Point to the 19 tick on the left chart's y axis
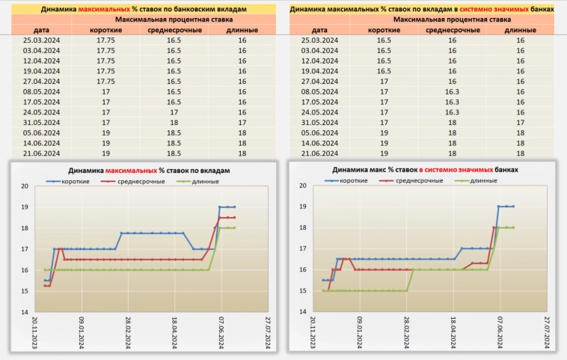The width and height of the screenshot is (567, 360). tap(24, 207)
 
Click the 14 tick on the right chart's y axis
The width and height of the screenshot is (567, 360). tap(301, 311)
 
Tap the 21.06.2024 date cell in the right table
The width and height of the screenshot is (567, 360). tap(319, 153)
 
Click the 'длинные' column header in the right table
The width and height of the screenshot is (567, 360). tap(520, 29)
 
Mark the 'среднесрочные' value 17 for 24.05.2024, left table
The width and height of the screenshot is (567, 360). tap(174, 112)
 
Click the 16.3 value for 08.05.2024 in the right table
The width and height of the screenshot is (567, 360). tap(452, 91)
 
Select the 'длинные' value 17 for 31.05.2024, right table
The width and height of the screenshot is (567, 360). tap(520, 122)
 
